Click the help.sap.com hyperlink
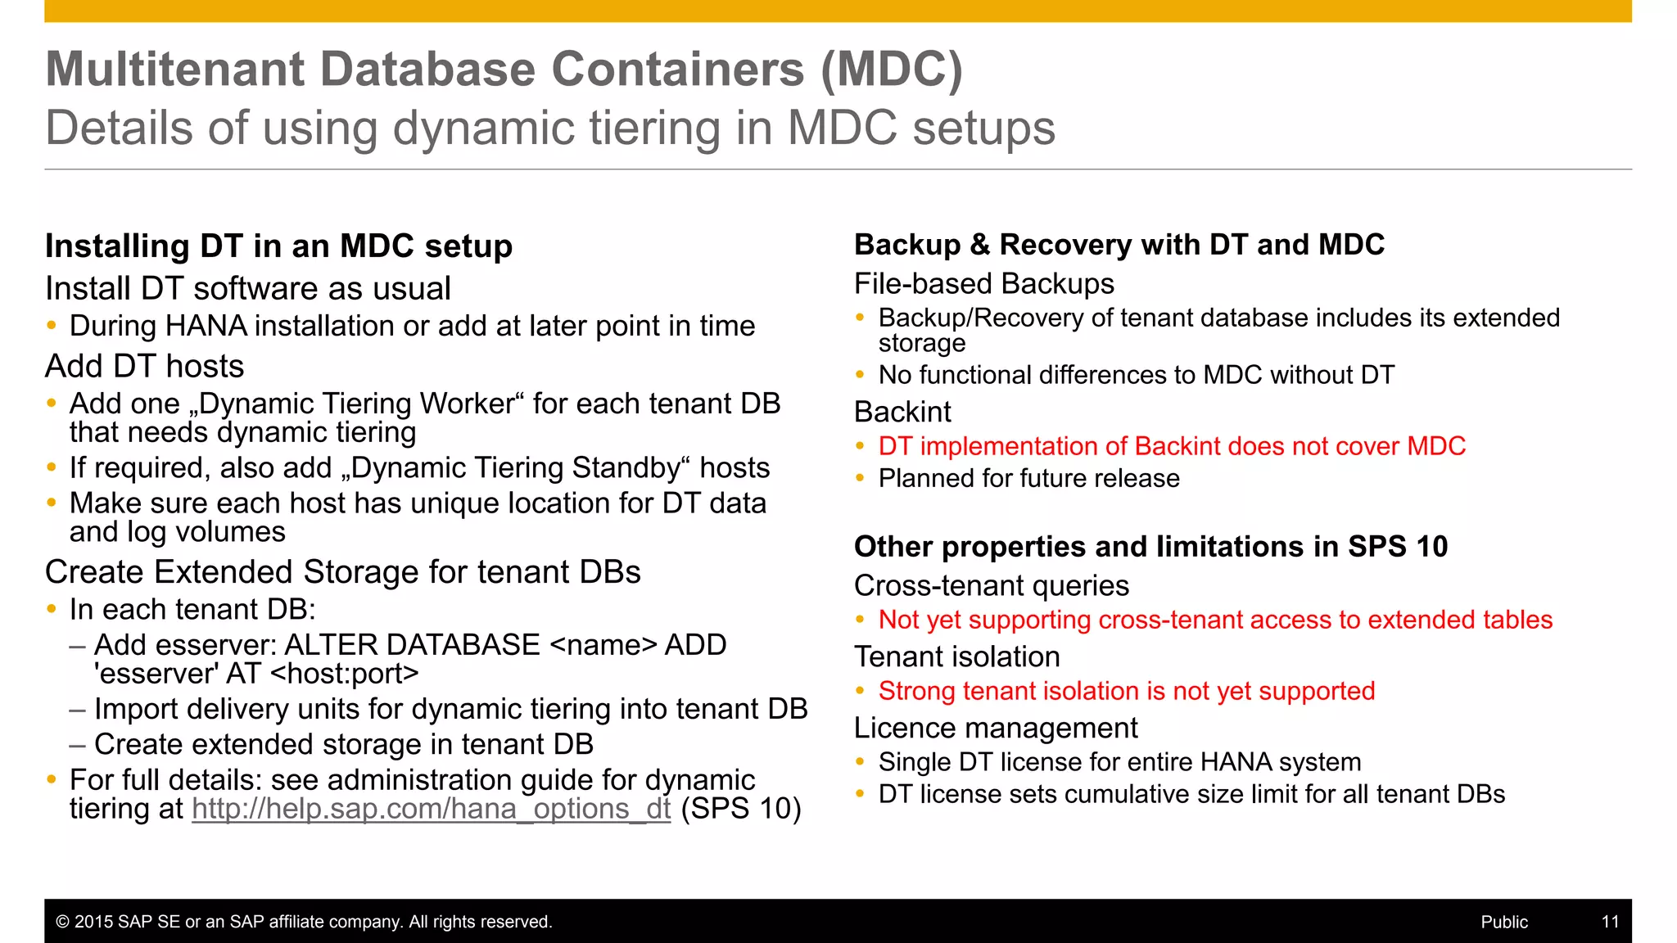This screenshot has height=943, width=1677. tap(431, 809)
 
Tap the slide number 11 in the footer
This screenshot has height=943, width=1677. tap(1609, 922)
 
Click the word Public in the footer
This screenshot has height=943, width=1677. tap(1503, 922)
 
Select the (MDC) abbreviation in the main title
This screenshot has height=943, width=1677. tap(892, 69)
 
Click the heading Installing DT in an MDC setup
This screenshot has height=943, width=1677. tap(278, 246)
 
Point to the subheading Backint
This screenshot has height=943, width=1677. tap(902, 412)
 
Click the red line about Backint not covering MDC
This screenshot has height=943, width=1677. tap(1171, 446)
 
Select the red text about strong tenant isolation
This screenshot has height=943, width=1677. tap(1126, 691)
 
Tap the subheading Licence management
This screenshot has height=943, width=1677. tap(995, 728)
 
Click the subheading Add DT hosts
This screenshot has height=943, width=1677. tap(145, 366)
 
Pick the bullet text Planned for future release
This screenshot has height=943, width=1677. tap(1028, 478)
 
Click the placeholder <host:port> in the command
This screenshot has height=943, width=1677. tap(344, 674)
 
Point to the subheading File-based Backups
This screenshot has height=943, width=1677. tap(983, 284)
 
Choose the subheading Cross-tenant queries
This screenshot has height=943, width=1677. tap(991, 586)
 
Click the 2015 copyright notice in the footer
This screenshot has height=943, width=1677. tap(304, 922)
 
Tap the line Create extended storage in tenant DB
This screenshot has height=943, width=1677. tap(343, 744)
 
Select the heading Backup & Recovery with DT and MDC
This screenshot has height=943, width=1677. tap(1119, 245)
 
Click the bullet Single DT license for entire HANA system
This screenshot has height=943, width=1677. tap(1119, 762)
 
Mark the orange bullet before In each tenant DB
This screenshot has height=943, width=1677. tap(52, 609)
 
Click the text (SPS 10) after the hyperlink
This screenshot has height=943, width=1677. tap(740, 809)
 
